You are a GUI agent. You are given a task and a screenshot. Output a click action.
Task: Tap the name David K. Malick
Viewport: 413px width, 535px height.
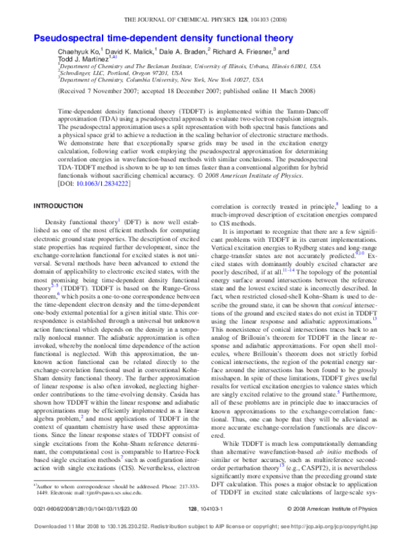[134, 52]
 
